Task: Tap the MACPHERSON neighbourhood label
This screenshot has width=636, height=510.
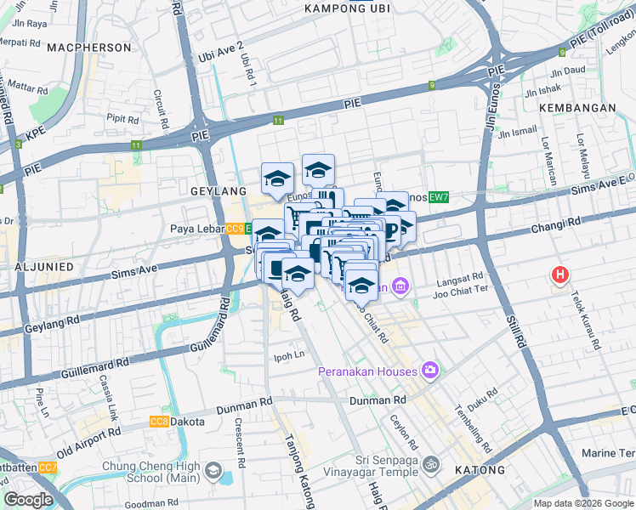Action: (x=89, y=48)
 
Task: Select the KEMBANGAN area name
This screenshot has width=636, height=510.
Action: (x=576, y=108)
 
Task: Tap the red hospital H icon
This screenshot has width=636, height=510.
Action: (x=559, y=275)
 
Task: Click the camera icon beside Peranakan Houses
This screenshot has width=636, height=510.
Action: (x=431, y=371)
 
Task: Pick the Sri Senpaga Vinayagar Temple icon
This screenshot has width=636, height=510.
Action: (x=431, y=465)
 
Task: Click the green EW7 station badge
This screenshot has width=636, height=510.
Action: (x=438, y=198)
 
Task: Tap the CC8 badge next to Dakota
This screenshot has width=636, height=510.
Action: (x=159, y=422)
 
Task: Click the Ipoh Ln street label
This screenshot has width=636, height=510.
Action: (x=287, y=355)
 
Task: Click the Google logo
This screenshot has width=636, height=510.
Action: (x=28, y=500)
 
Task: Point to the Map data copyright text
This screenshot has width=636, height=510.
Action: (x=583, y=503)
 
